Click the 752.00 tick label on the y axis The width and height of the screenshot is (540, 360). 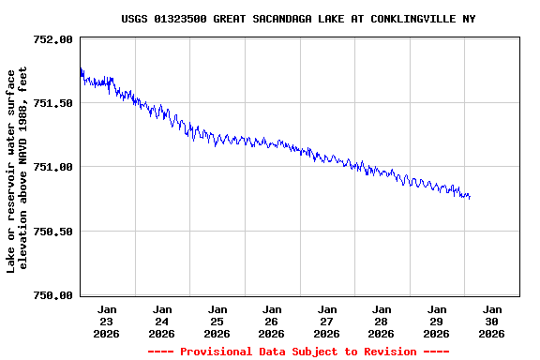click(52, 39)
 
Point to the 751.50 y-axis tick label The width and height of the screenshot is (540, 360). click(52, 103)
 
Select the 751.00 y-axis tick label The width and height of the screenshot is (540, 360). click(52, 167)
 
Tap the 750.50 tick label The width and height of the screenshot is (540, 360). click(52, 231)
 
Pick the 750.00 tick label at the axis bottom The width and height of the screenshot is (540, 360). click(52, 294)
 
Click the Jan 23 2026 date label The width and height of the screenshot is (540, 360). click(107, 321)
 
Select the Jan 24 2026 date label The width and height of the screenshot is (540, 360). click(162, 321)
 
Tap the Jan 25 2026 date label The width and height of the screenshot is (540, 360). click(217, 321)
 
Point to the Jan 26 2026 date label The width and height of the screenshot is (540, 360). click(272, 321)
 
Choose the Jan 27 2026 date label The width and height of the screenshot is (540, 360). click(326, 321)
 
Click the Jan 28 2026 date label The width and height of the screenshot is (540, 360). click(382, 321)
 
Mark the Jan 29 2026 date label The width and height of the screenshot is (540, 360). click(436, 321)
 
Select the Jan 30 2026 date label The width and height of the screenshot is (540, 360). click(491, 321)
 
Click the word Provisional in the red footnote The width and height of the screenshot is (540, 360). click(218, 352)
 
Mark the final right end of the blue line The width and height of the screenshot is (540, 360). click(470, 197)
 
